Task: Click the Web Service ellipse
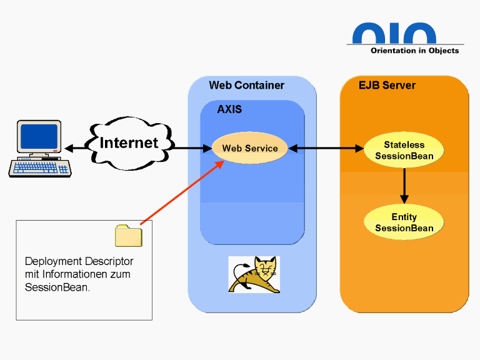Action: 250,149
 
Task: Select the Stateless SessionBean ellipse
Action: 404,150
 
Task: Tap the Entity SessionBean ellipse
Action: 404,222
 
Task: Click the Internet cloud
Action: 129,143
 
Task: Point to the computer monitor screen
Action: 39,136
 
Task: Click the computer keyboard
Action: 39,167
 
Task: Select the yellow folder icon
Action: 128,236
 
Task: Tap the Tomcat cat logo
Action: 254,274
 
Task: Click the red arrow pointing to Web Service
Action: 181,192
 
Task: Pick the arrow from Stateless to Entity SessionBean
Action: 404,186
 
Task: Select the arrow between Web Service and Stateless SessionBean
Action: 326,149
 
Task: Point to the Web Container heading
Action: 246,86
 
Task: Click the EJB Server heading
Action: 387,86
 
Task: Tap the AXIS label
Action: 229,109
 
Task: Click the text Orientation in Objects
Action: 414,51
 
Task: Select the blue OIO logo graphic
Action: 394,33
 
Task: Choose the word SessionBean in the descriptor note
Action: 56,287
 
